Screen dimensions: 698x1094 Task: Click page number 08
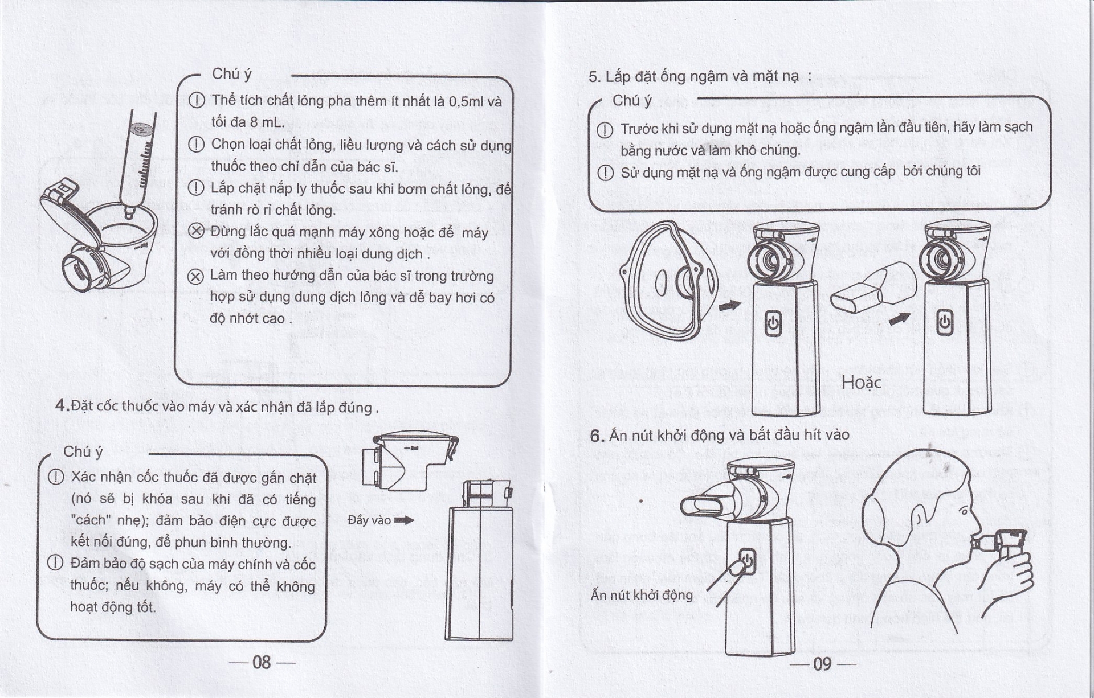tap(262, 662)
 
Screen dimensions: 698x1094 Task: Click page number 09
tap(822, 664)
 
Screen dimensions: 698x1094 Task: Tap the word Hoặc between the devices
tap(861, 383)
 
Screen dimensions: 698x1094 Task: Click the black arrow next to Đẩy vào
tap(403, 520)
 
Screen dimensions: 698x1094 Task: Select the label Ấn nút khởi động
tap(642, 595)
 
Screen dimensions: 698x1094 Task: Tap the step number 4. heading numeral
tap(62, 406)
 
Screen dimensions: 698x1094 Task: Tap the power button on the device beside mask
tap(772, 323)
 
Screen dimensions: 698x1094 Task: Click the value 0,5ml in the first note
tap(466, 102)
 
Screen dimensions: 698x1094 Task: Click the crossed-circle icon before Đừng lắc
tap(196, 231)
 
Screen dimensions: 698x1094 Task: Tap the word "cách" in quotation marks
tap(89, 520)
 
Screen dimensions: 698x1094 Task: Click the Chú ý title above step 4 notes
tap(83, 451)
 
